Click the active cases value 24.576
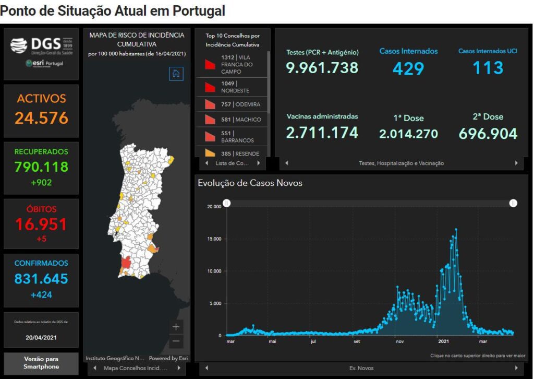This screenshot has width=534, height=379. (x=41, y=118)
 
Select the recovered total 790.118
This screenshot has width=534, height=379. (x=41, y=167)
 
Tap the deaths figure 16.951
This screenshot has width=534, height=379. (x=41, y=224)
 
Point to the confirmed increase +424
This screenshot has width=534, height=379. (x=41, y=295)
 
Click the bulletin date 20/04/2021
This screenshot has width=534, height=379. (x=41, y=337)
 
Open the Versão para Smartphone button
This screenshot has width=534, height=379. (x=41, y=363)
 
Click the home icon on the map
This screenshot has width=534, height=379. (x=176, y=74)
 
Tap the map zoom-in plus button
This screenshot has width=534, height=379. (x=176, y=327)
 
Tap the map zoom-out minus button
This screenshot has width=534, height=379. (x=176, y=341)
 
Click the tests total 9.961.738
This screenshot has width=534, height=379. (x=322, y=68)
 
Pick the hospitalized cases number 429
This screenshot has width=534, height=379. (x=408, y=68)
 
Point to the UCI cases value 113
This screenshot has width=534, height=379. (x=488, y=68)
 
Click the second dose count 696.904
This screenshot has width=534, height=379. (x=488, y=134)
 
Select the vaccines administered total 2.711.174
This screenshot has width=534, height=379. (x=322, y=133)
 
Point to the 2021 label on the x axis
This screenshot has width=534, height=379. (x=443, y=342)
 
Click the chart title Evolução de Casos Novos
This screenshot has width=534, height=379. (x=250, y=183)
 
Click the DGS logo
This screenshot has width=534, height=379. (x=41, y=45)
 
